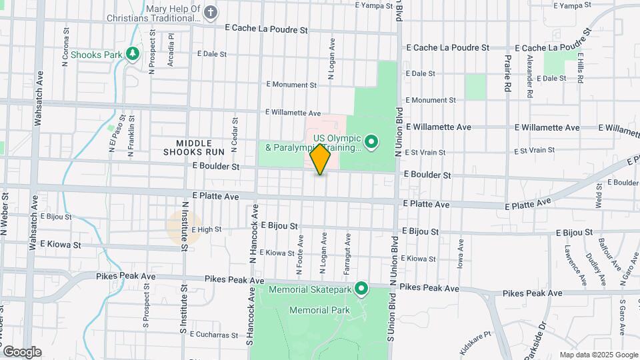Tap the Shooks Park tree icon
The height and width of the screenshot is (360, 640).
(x=133, y=53)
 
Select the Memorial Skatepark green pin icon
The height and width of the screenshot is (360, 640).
(x=362, y=289)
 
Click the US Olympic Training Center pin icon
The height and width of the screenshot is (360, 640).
(x=371, y=141)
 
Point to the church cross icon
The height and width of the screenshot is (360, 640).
(x=211, y=12)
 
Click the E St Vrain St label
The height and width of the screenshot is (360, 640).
(x=424, y=152)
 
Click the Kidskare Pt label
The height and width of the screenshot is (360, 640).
(x=475, y=342)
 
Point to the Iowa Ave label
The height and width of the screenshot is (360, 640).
(x=460, y=254)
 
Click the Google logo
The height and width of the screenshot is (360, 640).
(x=21, y=351)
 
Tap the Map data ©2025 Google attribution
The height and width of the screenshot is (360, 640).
(x=599, y=355)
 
